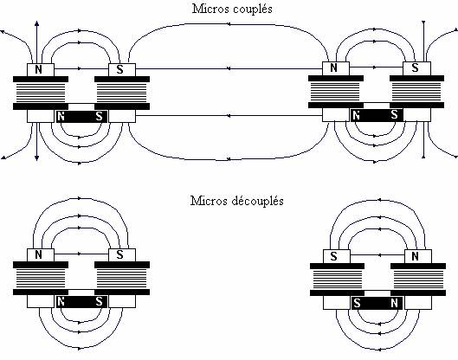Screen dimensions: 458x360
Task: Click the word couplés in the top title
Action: pyautogui.click(x=253, y=9)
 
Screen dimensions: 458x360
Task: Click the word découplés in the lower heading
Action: pyautogui.click(x=258, y=201)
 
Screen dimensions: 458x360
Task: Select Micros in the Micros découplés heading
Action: pyautogui.click(x=210, y=201)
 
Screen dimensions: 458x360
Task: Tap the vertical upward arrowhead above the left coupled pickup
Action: pyautogui.click(x=37, y=23)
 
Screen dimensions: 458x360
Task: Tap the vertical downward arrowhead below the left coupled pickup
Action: pyautogui.click(x=37, y=158)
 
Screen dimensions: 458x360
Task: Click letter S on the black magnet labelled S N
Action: pyautogui.click(x=357, y=304)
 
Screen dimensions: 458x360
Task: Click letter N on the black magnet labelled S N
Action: pyautogui.click(x=394, y=304)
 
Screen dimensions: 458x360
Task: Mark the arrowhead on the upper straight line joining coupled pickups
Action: pyautogui.click(x=229, y=68)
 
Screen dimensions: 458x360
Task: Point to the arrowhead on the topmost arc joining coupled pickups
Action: pyautogui.click(x=229, y=24)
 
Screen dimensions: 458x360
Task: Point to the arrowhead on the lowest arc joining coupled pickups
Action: pyautogui.click(x=229, y=159)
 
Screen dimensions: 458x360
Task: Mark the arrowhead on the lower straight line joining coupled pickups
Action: pyautogui.click(x=229, y=116)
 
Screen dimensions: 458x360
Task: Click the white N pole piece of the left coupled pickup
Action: pyautogui.click(x=41, y=70)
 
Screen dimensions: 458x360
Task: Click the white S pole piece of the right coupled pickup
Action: pyautogui.click(x=416, y=68)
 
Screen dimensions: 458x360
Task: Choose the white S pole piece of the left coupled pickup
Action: pyautogui.click(x=122, y=70)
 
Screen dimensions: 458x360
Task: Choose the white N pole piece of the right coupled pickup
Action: pyautogui.click(x=336, y=68)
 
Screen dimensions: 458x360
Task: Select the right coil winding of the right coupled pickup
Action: pyautogui.click(x=416, y=92)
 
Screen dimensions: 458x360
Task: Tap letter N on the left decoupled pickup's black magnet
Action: pyautogui.click(x=61, y=302)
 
